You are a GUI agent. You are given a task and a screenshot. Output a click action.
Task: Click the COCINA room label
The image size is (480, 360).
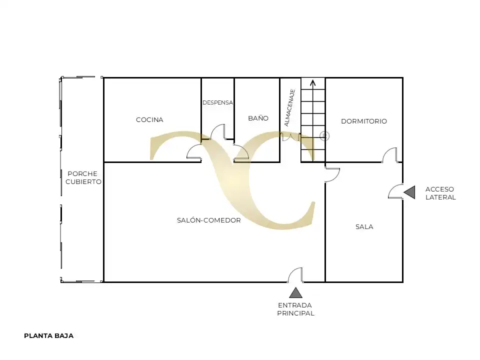click(x=149, y=119)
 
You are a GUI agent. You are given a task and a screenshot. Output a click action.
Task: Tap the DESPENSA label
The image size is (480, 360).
click(x=217, y=102)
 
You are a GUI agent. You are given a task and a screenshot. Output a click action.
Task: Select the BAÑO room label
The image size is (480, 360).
click(x=258, y=118)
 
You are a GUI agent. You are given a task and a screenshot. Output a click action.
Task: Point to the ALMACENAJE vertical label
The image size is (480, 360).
click(x=289, y=108)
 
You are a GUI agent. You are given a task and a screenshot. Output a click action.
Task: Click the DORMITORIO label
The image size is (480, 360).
click(x=364, y=121)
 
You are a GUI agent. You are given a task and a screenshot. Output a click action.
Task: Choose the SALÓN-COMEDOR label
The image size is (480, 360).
click(x=209, y=220)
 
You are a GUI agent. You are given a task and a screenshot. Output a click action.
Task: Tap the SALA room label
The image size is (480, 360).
click(x=364, y=227)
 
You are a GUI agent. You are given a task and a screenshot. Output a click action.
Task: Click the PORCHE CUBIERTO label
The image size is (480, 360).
click(x=83, y=177)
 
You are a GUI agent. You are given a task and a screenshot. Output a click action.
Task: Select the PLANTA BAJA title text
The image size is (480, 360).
click(x=48, y=336)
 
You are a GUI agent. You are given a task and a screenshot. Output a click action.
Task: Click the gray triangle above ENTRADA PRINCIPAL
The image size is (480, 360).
click(x=295, y=293)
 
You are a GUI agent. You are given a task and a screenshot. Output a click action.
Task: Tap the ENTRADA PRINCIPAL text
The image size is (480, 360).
click(x=295, y=309)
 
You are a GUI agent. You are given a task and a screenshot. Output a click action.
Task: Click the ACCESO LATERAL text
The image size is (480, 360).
click(x=440, y=193)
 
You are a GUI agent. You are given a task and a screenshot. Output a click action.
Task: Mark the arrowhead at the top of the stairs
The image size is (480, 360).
click(x=313, y=83)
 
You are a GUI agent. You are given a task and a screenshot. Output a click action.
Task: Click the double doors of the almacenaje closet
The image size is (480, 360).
click(x=290, y=136)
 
